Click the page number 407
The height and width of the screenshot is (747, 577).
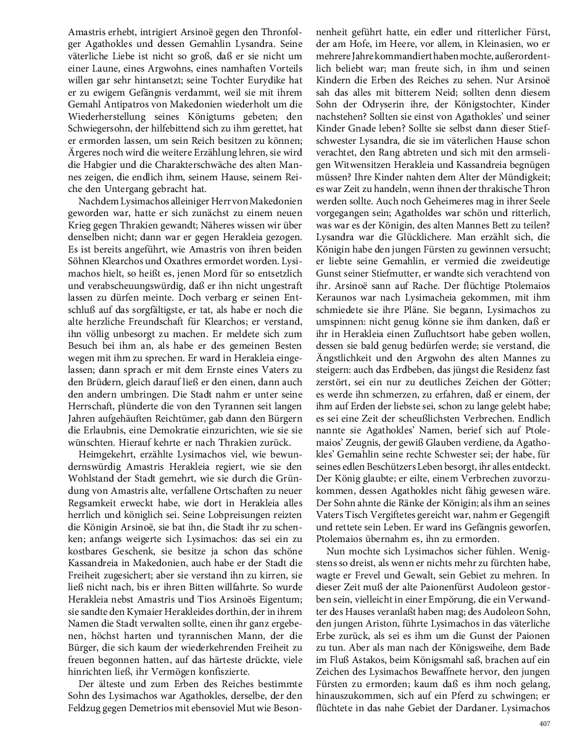pyautogui.click(x=544, y=724)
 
